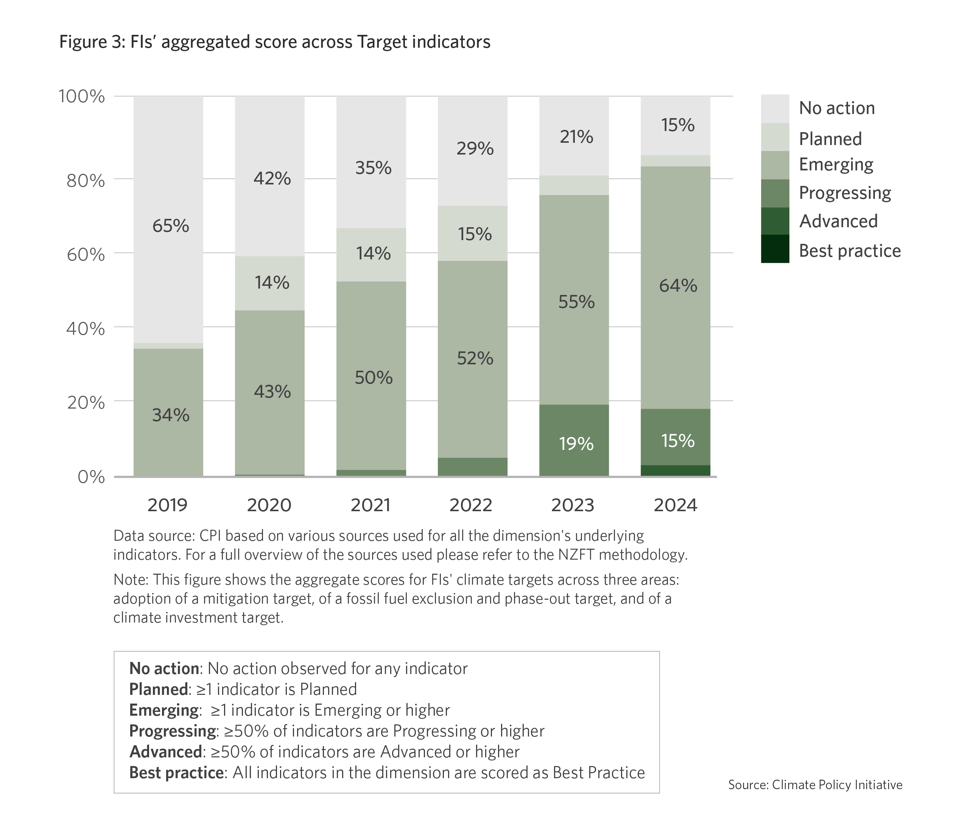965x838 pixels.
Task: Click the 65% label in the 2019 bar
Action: [x=171, y=226]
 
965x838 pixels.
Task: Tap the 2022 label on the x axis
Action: [x=471, y=506]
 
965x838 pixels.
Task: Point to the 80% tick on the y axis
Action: [x=86, y=181]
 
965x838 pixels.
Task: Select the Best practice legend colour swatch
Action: [x=774, y=249]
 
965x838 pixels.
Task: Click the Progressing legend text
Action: [x=844, y=193]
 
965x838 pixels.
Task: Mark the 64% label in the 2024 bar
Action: [x=678, y=286]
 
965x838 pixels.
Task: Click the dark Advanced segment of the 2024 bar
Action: [x=675, y=470]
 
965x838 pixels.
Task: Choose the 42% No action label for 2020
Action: [x=272, y=179]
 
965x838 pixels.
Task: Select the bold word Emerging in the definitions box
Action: [x=163, y=710]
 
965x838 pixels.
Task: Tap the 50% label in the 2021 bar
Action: [x=374, y=378]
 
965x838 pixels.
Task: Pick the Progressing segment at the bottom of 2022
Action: [x=472, y=467]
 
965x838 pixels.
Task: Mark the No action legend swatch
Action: [x=774, y=109]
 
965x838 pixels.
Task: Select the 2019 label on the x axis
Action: [x=167, y=506]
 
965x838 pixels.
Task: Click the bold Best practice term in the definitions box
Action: [x=176, y=772]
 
